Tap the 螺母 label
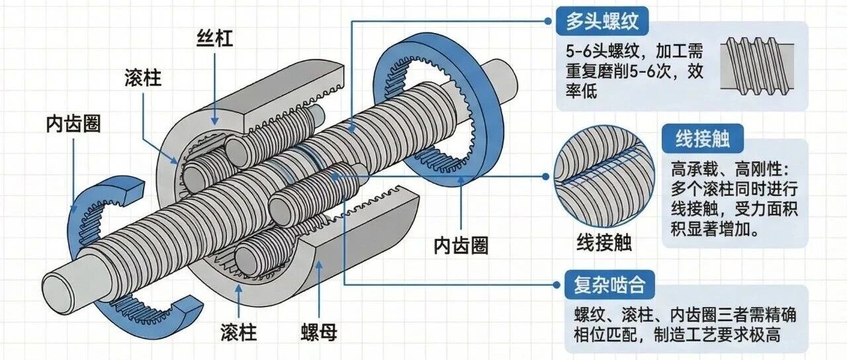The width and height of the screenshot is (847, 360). coord(318,332)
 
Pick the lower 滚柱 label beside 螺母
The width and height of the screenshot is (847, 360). coord(238,332)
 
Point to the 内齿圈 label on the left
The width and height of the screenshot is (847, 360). coord(73,123)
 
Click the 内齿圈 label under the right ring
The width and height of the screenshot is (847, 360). coord(461,246)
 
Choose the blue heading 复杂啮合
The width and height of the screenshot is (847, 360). coord(605,287)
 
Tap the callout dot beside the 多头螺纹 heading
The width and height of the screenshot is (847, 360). coord(547,21)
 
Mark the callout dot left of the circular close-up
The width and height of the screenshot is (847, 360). coord(547,177)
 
